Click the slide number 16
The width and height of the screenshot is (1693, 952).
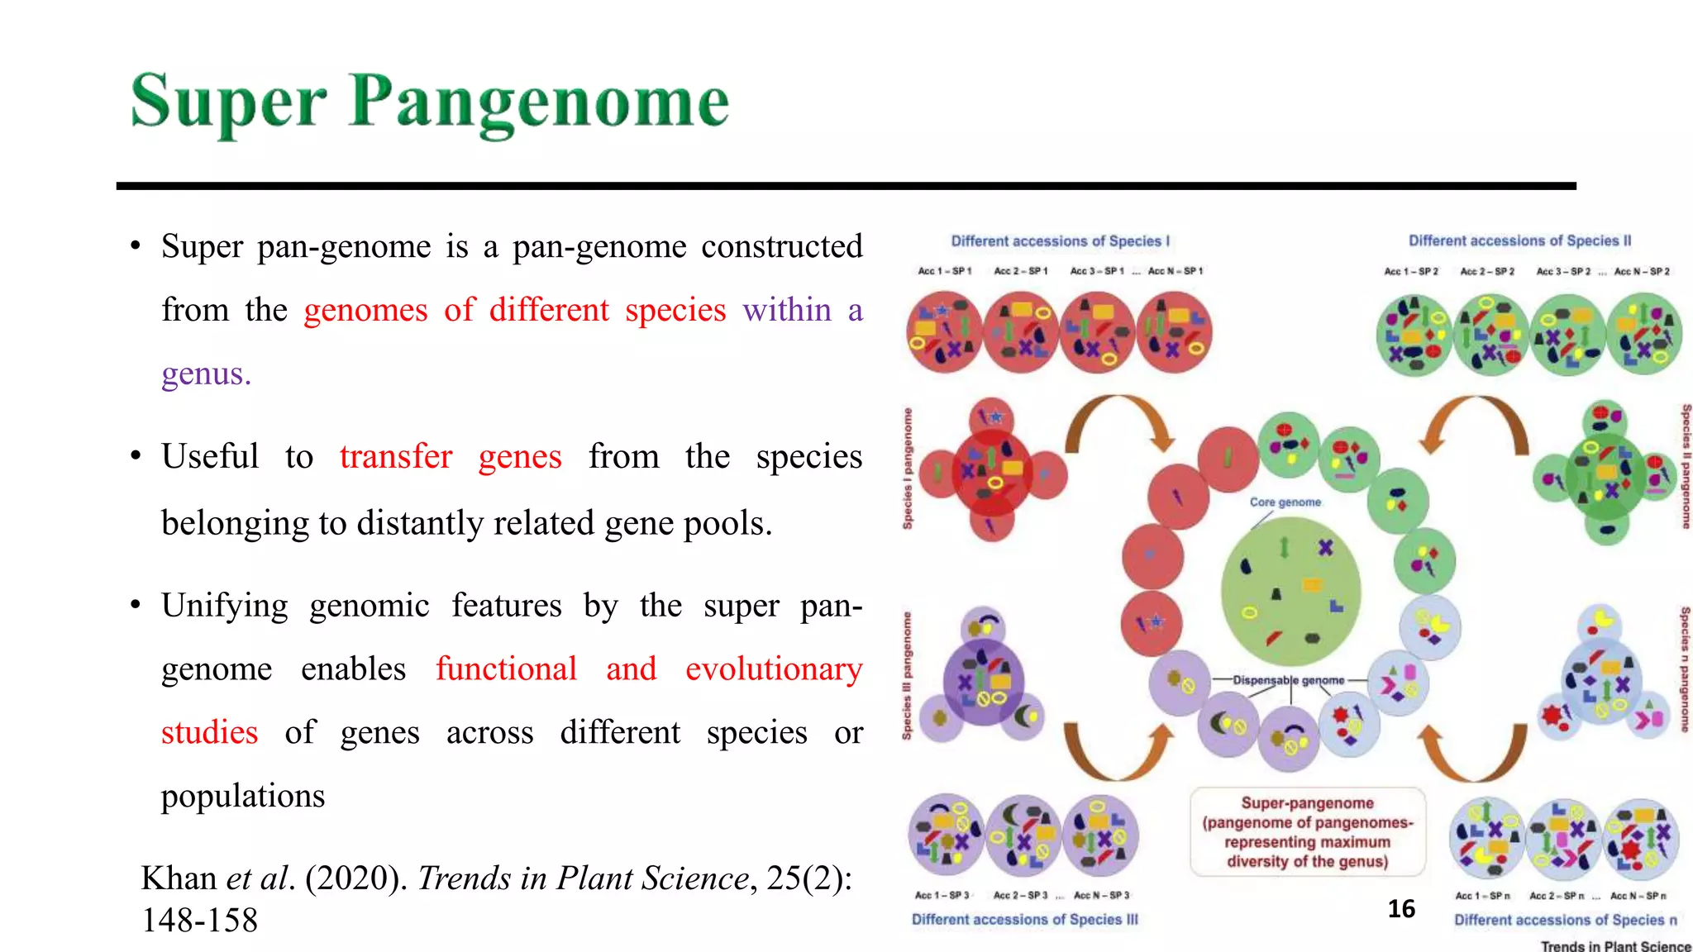pyautogui.click(x=1401, y=909)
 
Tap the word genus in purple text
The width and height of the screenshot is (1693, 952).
pyautogui.click(x=205, y=374)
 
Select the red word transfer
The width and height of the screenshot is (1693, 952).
pyautogui.click(x=396, y=456)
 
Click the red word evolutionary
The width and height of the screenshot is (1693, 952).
pyautogui.click(x=774, y=669)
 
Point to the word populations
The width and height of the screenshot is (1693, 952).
pyautogui.click(x=243, y=796)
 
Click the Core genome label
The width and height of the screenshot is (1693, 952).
pyautogui.click(x=1285, y=502)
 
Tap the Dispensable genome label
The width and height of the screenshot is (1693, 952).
pyautogui.click(x=1289, y=680)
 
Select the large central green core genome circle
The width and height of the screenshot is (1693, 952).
pyautogui.click(x=1290, y=591)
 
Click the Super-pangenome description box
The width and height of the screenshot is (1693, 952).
pyautogui.click(x=1308, y=832)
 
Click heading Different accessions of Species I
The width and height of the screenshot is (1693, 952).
pyautogui.click(x=1060, y=241)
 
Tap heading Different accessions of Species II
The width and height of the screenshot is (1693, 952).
pyautogui.click(x=1519, y=240)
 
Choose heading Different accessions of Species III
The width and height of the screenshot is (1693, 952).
pyautogui.click(x=1024, y=920)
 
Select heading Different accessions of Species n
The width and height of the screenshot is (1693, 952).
pyautogui.click(x=1566, y=920)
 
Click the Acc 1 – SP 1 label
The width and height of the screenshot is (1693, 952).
pyautogui.click(x=944, y=271)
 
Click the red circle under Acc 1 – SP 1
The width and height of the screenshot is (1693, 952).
pyautogui.click(x=944, y=333)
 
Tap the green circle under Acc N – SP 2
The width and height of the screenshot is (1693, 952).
pyautogui.click(x=1643, y=336)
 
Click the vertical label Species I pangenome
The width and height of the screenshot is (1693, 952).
pyautogui.click(x=908, y=469)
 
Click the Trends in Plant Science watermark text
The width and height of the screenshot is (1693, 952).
pyautogui.click(x=1615, y=945)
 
